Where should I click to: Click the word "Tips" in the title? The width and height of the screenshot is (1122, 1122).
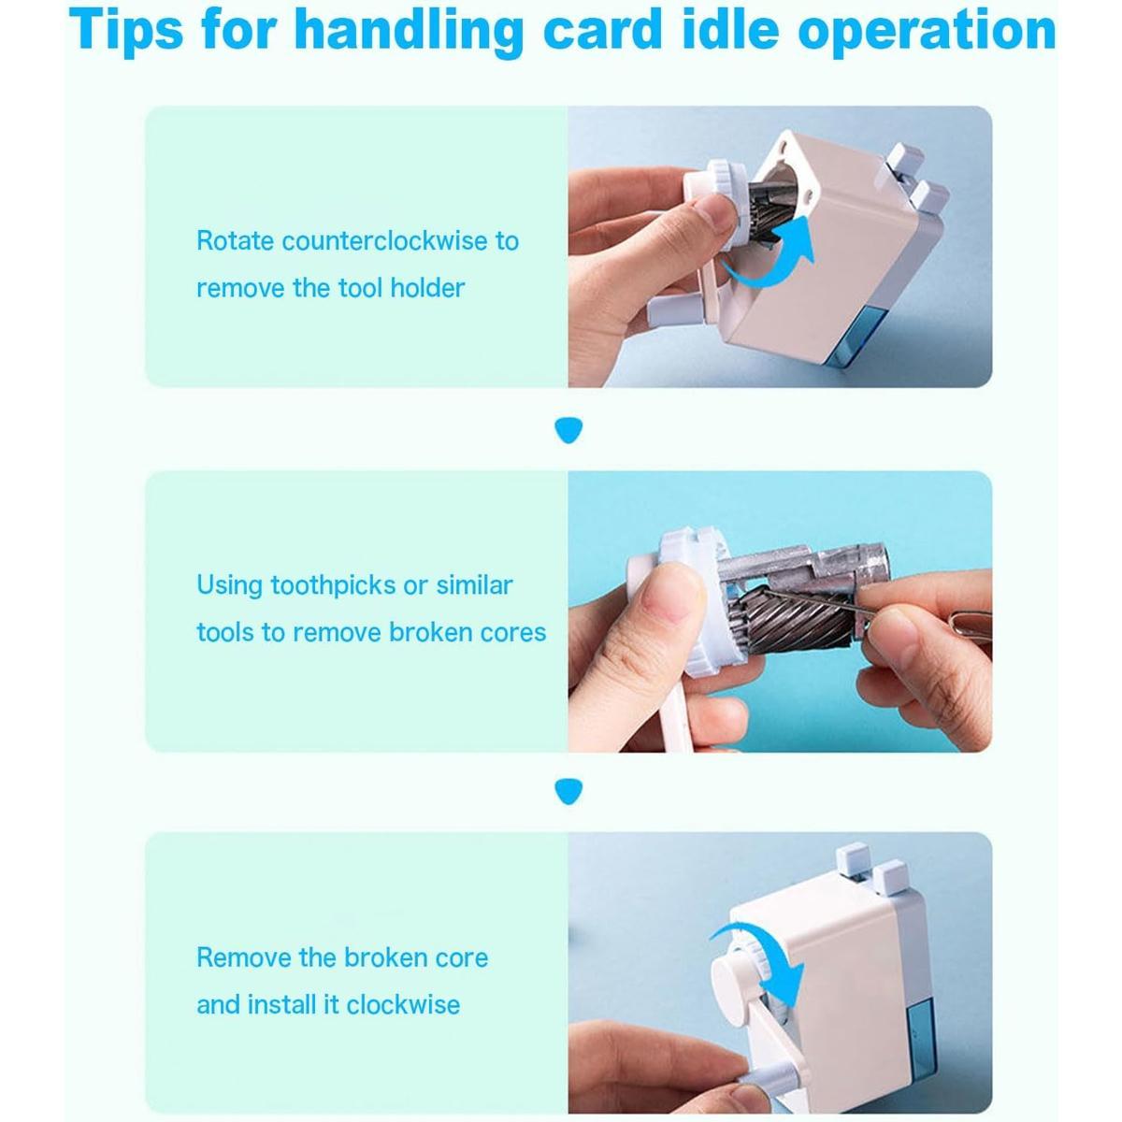coord(126,31)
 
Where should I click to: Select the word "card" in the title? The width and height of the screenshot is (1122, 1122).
coord(603,30)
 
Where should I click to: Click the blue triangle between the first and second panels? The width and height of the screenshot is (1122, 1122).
coord(568,430)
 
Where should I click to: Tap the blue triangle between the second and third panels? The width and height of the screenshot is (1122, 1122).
coord(568,792)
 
